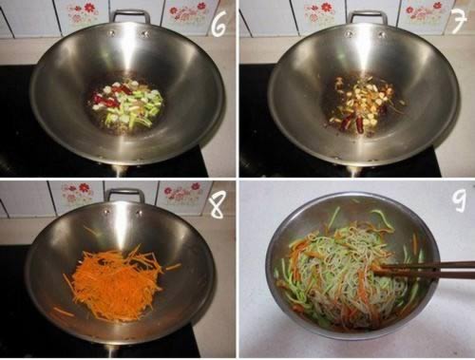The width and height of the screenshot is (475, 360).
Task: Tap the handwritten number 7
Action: [459, 21]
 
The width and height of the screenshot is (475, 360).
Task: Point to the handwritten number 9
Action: [460, 201]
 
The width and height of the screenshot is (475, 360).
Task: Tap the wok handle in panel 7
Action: [369, 14]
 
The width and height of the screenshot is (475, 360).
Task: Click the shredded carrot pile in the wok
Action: [116, 282]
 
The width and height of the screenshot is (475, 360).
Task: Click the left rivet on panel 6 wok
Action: [111, 32]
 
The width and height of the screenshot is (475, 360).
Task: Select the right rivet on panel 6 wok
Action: [145, 33]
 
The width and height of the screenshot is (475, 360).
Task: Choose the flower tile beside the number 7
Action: [425, 13]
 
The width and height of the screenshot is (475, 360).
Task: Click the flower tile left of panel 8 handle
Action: [78, 193]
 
